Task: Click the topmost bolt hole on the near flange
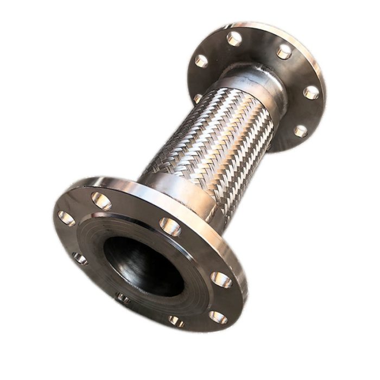click(102, 201)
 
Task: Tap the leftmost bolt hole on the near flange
click(66, 218)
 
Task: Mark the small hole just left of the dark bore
click(80, 258)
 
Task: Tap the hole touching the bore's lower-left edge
click(123, 298)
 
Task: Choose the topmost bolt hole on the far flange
click(235, 38)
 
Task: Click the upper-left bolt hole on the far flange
click(201, 61)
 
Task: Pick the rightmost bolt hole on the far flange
click(311, 92)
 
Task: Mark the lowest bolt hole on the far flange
click(300, 131)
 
